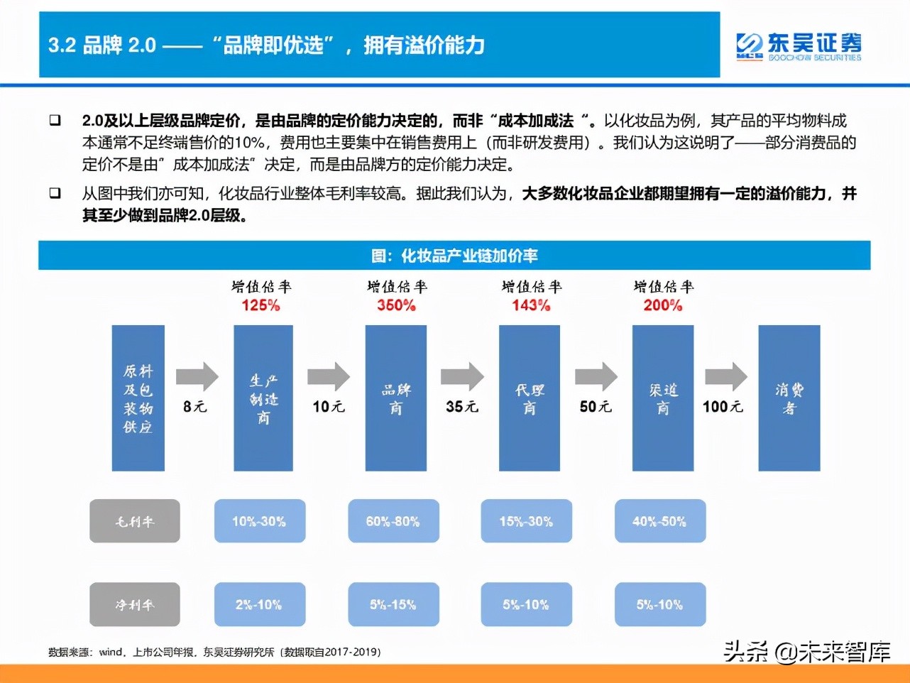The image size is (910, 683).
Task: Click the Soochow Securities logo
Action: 799,47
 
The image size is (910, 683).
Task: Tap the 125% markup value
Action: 261,305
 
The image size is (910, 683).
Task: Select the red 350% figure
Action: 396,305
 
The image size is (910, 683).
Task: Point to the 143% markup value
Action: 531,305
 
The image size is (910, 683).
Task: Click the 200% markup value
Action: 663,305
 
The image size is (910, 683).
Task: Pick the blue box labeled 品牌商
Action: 395,398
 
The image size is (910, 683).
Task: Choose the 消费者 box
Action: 789,398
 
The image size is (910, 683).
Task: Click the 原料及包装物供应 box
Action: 138,398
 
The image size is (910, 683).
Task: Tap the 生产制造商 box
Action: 263,398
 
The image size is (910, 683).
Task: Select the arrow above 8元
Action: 197,376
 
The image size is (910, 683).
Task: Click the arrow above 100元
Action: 725,376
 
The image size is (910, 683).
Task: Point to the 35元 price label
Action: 462,407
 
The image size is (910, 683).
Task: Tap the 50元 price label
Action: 596,407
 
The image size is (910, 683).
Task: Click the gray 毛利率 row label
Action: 134,521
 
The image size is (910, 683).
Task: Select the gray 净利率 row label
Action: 134,605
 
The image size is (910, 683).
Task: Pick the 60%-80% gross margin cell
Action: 393,521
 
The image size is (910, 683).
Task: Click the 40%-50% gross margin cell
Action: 659,521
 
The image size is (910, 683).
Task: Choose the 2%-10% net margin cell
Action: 259,605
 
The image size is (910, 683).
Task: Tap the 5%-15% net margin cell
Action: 393,605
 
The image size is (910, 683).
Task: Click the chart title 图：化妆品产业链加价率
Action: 454,256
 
